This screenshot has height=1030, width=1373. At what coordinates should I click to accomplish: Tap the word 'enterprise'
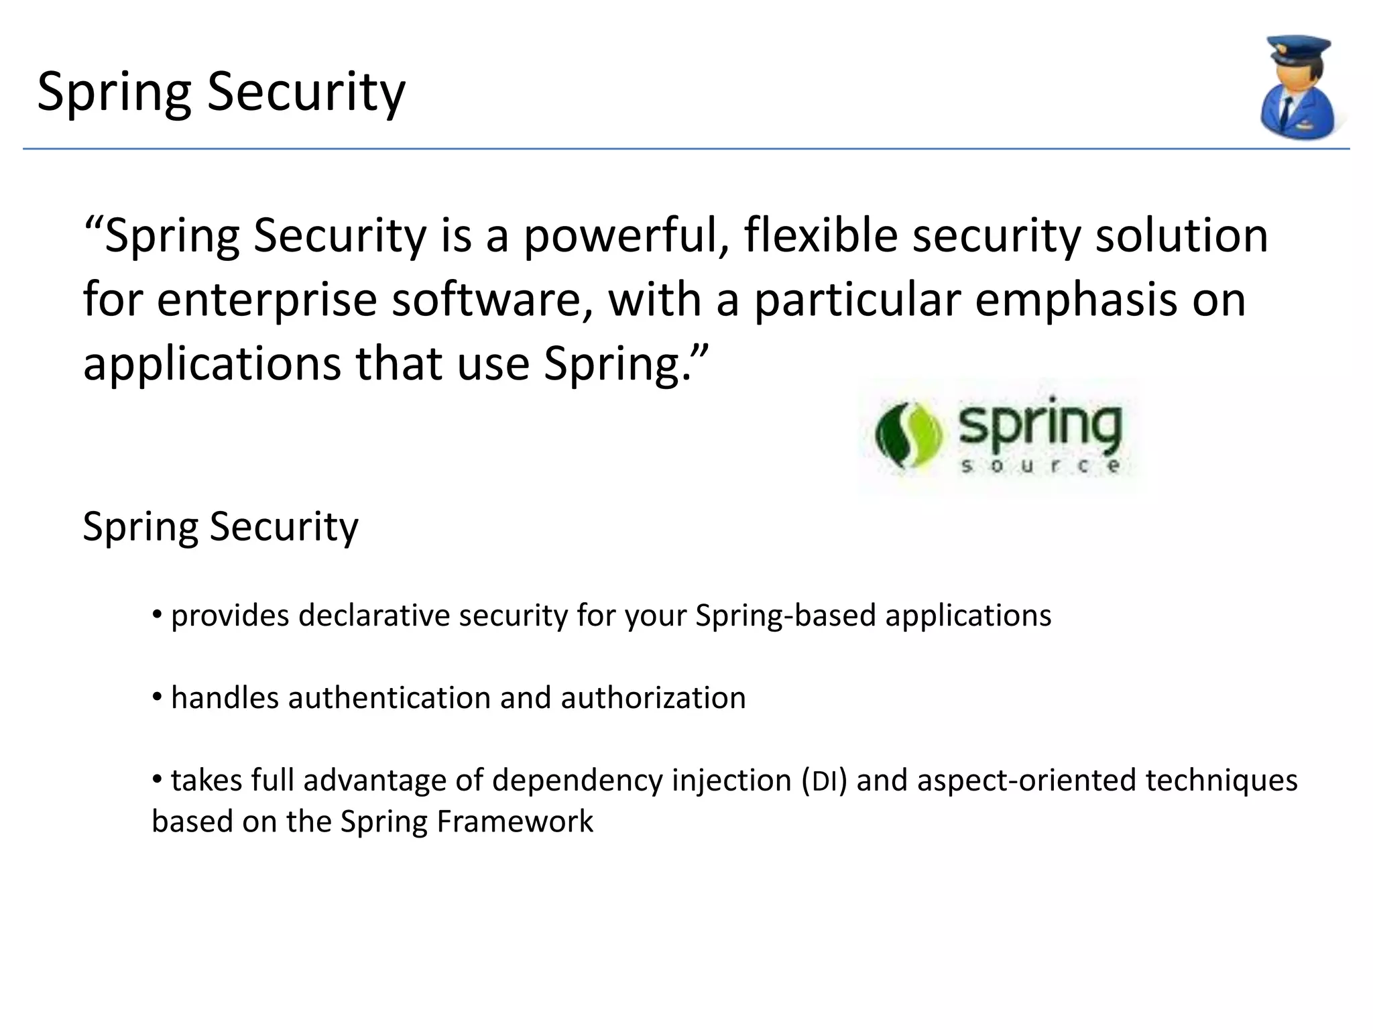tap(267, 300)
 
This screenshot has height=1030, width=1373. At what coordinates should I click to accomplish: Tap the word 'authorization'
tap(653, 698)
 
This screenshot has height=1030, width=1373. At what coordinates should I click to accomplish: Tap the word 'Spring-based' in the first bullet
tap(785, 616)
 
